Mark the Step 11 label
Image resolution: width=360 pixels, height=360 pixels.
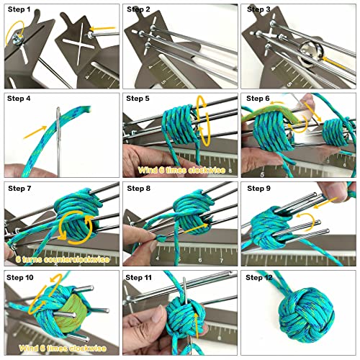(x=141, y=277)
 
